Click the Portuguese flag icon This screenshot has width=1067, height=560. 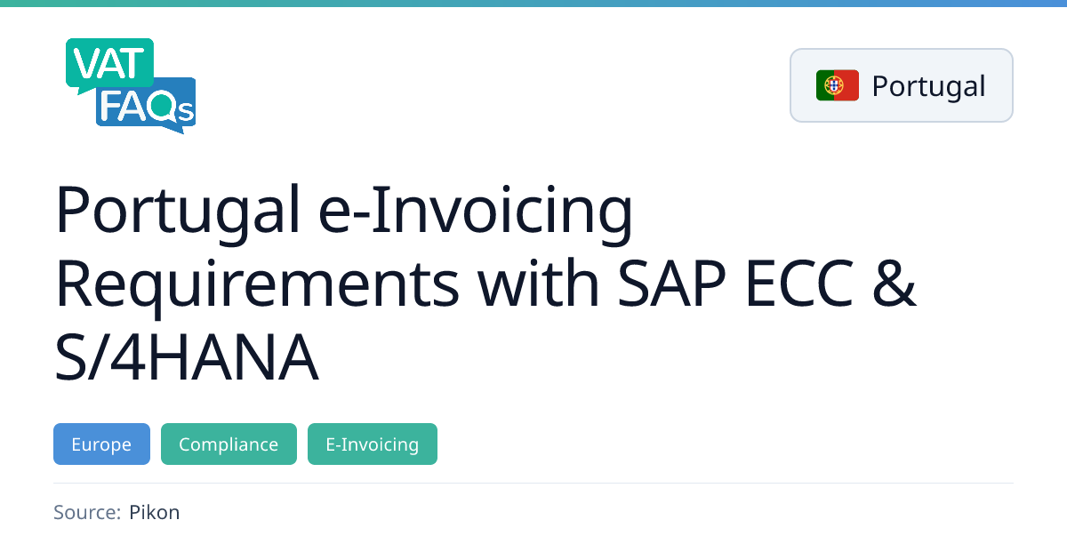click(838, 85)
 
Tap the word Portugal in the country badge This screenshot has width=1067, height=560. click(928, 87)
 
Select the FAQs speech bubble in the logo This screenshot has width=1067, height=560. click(146, 105)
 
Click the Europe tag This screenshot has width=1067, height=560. click(101, 444)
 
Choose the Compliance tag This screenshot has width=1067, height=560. click(229, 444)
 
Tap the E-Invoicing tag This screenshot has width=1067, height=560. click(373, 444)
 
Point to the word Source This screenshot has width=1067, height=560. click(87, 512)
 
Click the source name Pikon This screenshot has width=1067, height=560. click(155, 512)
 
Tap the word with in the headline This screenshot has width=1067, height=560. click(538, 283)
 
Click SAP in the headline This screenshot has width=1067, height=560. click(672, 284)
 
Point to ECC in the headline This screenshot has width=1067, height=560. click(799, 284)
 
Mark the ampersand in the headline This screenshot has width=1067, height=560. click(895, 284)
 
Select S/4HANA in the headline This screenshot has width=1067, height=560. click(186, 357)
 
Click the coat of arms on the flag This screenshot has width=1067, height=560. click(834, 85)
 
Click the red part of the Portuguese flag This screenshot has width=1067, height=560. click(846, 85)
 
